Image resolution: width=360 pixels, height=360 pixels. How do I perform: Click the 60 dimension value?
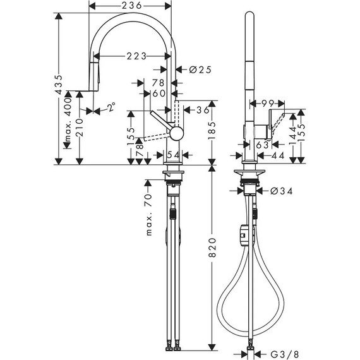tap(159, 93)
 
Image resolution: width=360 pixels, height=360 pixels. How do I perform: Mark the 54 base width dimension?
tap(172, 155)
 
